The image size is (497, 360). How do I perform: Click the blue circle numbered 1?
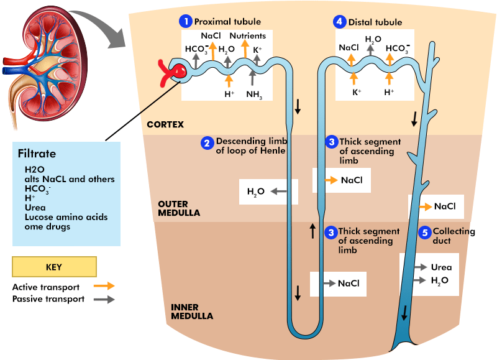[186, 22]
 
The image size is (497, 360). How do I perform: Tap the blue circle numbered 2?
[207, 143]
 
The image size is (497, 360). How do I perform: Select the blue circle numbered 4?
[339, 22]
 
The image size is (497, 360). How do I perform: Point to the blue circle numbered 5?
[425, 233]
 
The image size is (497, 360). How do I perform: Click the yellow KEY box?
[55, 267]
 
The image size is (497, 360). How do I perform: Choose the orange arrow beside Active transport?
[104, 287]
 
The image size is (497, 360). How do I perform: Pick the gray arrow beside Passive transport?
[104, 299]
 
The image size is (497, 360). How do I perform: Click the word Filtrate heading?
[37, 154]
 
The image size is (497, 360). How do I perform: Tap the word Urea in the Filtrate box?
[35, 208]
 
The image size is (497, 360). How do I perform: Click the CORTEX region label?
[165, 124]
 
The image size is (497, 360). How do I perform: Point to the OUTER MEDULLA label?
[179, 208]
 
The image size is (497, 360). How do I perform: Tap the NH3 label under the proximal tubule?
[253, 95]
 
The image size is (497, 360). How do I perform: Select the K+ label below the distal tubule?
[357, 92]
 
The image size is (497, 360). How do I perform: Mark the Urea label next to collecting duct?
[441, 267]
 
